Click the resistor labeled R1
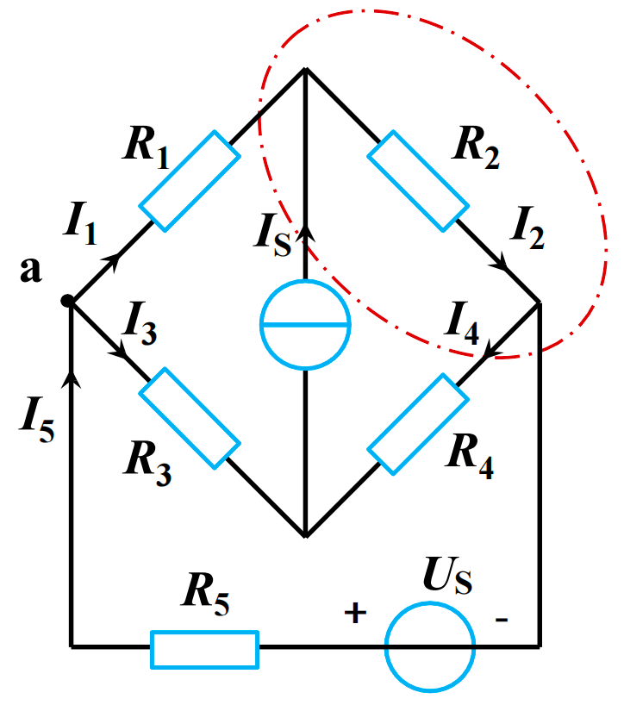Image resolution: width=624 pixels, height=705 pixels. click(x=190, y=181)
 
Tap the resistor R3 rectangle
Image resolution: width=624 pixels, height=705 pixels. click(x=190, y=418)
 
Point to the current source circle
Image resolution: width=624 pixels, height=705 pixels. click(x=305, y=325)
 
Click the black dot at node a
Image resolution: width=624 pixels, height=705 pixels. click(x=68, y=301)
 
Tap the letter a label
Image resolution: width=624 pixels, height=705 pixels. click(x=31, y=271)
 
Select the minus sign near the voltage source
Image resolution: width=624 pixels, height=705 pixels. click(x=502, y=618)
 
